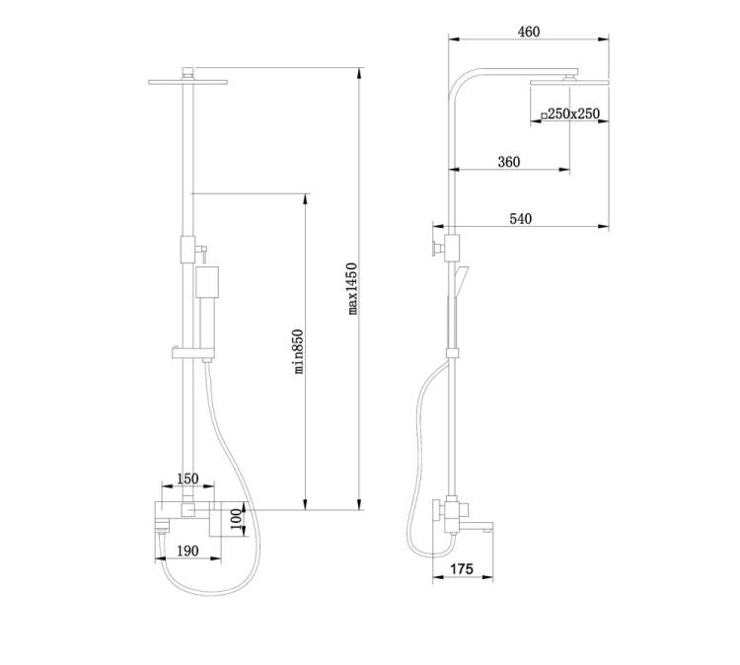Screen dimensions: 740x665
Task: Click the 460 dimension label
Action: point(529,32)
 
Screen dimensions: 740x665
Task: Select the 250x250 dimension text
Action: point(573,113)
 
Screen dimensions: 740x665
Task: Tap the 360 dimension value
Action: point(509,162)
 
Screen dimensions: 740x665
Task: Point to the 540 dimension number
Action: point(521,218)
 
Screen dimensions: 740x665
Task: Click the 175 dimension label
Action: point(461,568)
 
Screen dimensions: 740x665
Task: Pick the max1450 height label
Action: point(352,288)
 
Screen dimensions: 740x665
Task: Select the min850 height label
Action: point(298,351)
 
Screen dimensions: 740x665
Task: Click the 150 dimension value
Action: point(187,479)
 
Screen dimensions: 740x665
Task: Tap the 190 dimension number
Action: point(187,551)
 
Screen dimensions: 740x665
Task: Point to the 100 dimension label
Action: point(237,519)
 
